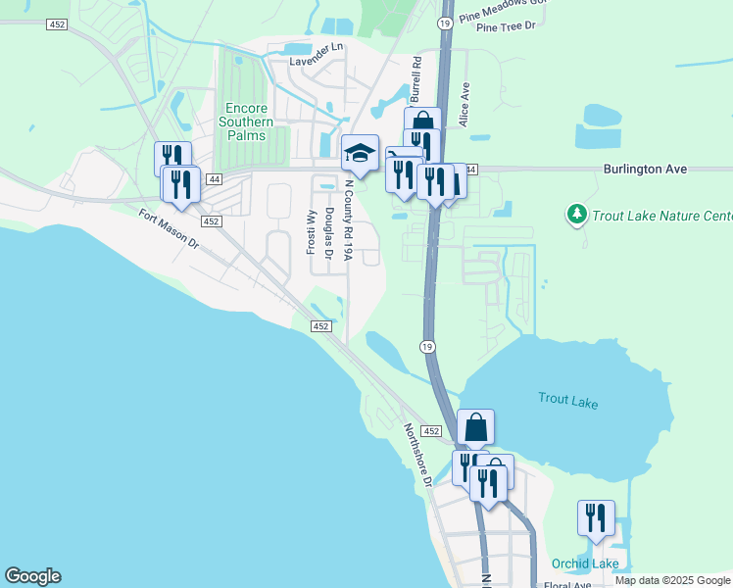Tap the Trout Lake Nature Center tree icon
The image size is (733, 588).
point(577,213)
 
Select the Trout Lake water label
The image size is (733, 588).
point(567,402)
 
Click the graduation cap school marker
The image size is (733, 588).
point(360,153)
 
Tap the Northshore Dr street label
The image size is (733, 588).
point(417,455)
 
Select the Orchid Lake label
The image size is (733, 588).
point(584,563)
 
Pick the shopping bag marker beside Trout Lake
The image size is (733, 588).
point(475,428)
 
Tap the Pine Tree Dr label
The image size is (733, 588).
point(506,26)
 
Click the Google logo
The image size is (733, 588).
point(32,576)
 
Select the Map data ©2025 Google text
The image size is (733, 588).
point(672,580)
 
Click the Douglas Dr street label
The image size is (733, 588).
point(329,233)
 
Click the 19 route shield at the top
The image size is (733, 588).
point(446,23)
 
